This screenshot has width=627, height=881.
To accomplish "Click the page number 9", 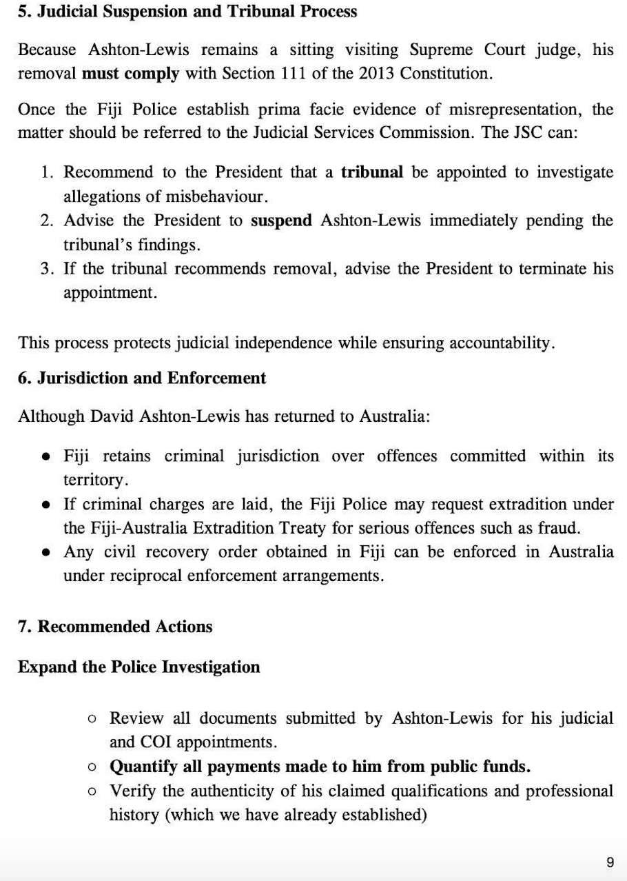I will pos(610,862).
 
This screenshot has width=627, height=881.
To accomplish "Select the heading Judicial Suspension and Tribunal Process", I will pos(187,12).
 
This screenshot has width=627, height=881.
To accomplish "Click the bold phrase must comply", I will pos(130,73).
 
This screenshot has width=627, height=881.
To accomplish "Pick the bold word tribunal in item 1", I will pos(372,172).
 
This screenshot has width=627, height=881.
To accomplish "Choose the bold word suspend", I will pos(281,221).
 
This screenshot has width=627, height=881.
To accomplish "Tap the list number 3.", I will pos(46,269).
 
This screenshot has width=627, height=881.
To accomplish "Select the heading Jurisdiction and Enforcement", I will pos(143,378).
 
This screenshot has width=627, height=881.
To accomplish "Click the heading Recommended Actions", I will pos(116,627).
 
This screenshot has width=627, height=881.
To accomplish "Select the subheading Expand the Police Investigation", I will pos(139,667).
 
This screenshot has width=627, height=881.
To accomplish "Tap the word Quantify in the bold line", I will pos(141,766).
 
